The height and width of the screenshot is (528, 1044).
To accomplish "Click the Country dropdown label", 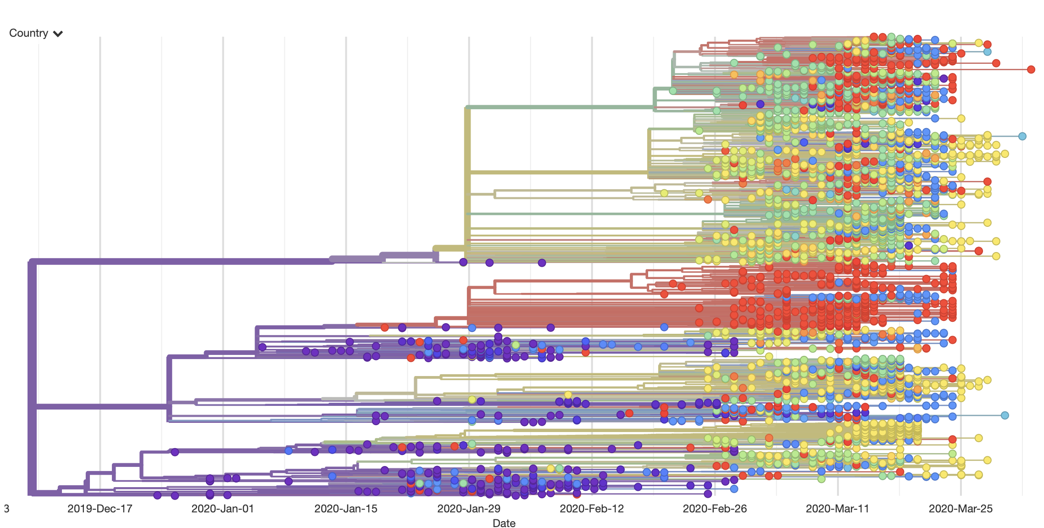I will (28, 33).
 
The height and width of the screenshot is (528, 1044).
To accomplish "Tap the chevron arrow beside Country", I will (58, 34).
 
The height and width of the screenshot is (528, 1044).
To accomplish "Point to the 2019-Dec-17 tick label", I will (100, 509).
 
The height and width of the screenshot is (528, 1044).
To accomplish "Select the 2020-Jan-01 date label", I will (222, 509).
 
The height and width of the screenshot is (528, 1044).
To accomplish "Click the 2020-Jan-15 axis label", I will (345, 509).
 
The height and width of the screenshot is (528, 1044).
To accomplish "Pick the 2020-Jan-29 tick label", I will (468, 509).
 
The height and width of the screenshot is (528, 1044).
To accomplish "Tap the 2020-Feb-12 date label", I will (592, 509).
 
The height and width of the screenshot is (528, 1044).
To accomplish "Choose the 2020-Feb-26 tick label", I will (715, 509).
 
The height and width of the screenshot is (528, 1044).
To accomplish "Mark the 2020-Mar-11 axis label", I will (838, 509).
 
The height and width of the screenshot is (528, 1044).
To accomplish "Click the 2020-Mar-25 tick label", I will (961, 509).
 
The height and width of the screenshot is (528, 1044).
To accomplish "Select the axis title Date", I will (504, 523).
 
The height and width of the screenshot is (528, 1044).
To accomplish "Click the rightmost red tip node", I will (1031, 69).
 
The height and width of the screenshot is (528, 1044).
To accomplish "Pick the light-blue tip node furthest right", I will (1022, 136).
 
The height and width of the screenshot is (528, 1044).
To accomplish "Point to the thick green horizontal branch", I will (560, 107).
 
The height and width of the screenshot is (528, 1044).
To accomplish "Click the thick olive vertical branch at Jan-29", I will (467, 184).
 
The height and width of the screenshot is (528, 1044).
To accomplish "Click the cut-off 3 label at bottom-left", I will (6, 509).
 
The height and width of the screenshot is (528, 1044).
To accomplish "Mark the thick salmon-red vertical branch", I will (468, 303).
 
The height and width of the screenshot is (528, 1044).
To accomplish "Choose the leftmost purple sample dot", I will (157, 495).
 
